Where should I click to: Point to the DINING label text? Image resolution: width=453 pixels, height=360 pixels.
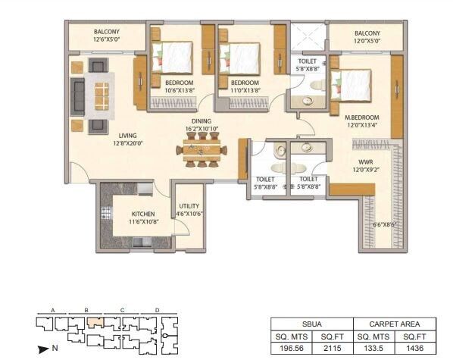tap(201, 121)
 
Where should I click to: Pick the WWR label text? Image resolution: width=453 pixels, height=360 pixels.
tap(366, 161)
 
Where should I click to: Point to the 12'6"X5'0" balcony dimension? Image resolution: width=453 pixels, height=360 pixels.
tap(107, 38)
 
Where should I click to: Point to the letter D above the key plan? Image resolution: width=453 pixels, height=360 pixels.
tap(156, 310)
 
